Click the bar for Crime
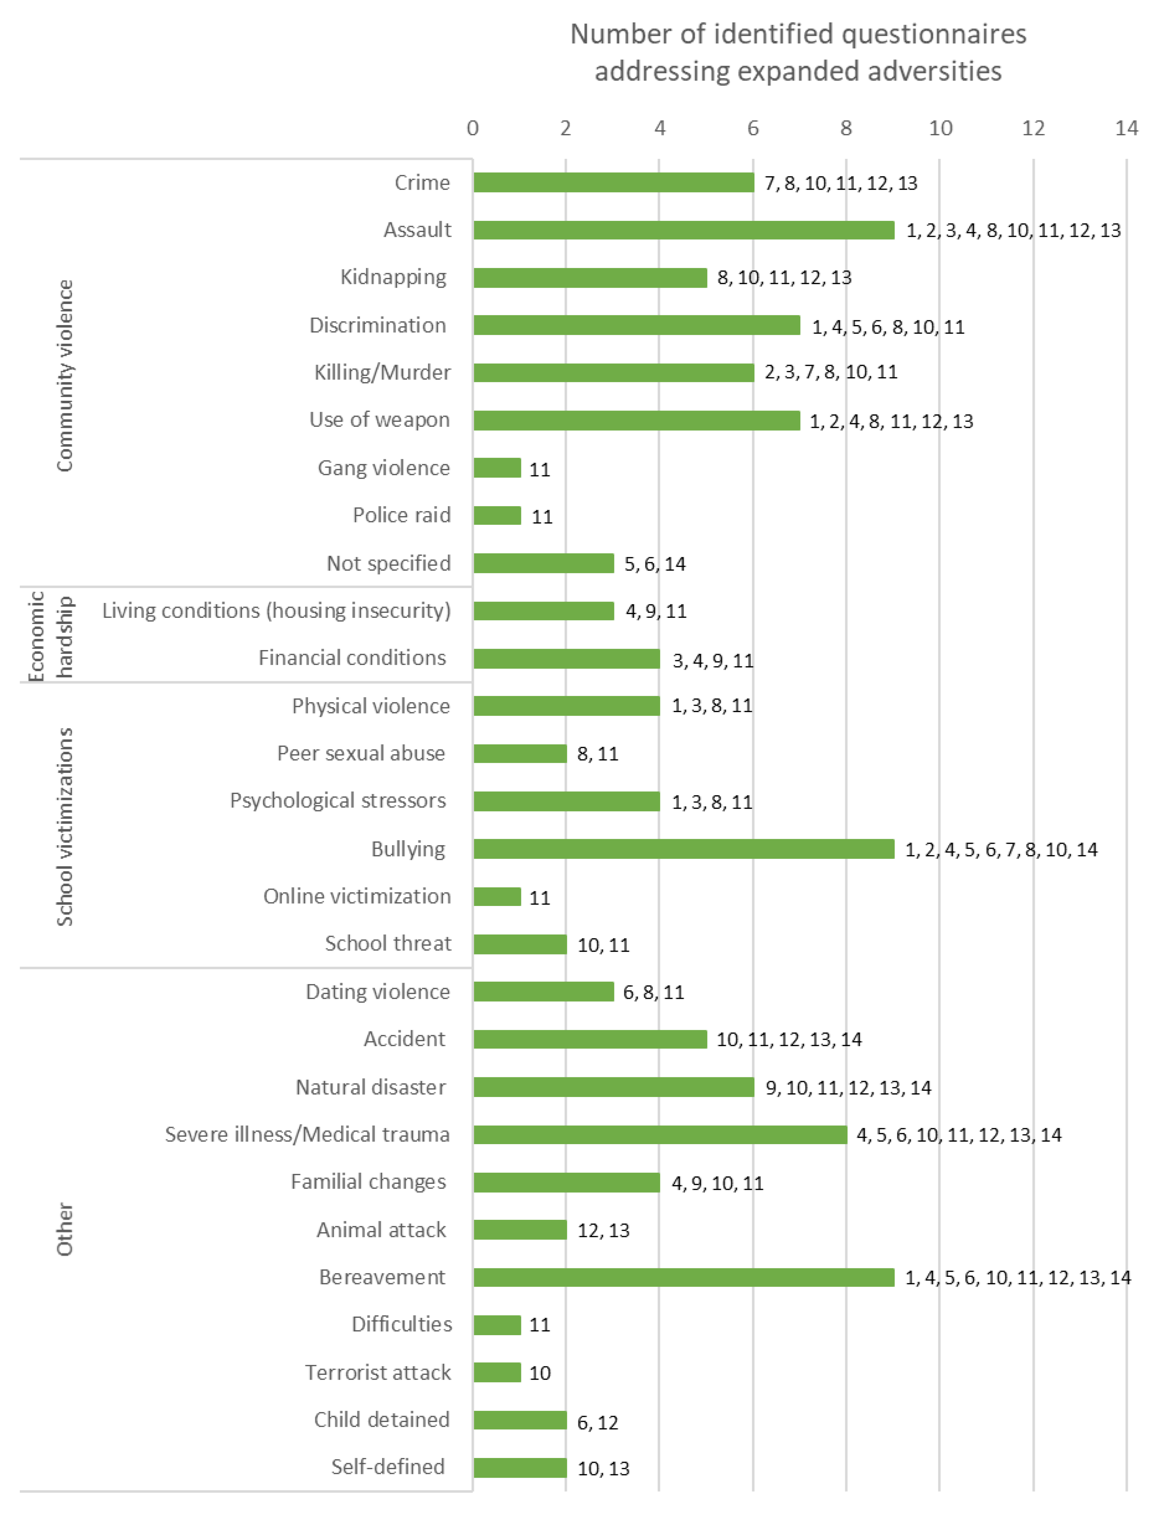613,183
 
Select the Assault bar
684,230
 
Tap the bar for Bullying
684,848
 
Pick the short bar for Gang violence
497,468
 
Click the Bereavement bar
684,1277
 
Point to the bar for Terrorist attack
497,1372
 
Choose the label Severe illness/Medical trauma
308,1134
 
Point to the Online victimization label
357,896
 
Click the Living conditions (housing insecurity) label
276,610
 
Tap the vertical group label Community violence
64,375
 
